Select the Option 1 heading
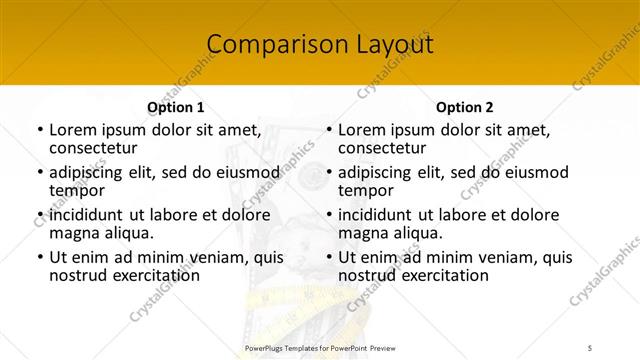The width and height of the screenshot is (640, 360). (x=175, y=107)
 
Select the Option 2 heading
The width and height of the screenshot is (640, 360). (x=464, y=107)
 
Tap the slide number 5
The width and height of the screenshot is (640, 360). (x=590, y=348)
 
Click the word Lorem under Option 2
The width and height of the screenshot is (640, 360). (x=363, y=130)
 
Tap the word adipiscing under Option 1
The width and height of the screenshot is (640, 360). (x=91, y=173)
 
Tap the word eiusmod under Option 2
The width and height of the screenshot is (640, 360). (x=532, y=173)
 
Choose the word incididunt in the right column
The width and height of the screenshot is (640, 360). (x=375, y=215)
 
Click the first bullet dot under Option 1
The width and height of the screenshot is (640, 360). (x=39, y=131)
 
